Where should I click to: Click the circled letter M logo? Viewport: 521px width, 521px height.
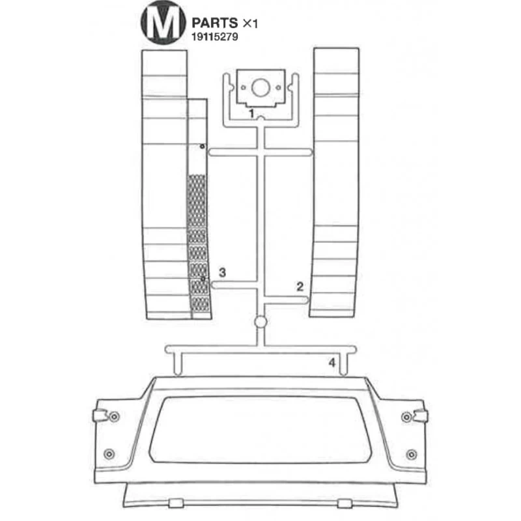[x=163, y=23]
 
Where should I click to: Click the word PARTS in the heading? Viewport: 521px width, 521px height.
[x=215, y=23]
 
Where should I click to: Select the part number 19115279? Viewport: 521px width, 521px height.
[x=215, y=36]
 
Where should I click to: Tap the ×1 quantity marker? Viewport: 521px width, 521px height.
[x=250, y=23]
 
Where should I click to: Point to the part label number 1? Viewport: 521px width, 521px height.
[x=251, y=113]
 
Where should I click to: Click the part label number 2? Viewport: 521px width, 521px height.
[x=300, y=287]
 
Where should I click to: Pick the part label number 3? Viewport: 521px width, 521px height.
[x=222, y=272]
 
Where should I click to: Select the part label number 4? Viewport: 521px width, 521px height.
[x=332, y=363]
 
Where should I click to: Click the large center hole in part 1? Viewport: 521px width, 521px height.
[x=260, y=88]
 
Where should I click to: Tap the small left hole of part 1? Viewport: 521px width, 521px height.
[x=243, y=88]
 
